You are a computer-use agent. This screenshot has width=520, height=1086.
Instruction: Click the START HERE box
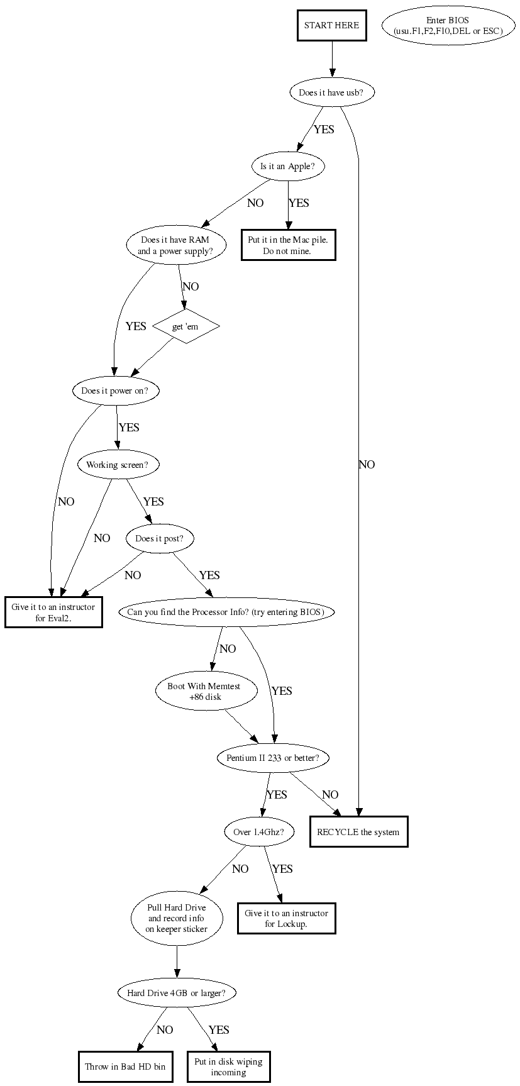(331, 26)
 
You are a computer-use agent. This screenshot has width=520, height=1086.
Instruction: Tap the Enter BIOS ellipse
(448, 26)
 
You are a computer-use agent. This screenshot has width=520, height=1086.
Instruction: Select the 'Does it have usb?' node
(331, 92)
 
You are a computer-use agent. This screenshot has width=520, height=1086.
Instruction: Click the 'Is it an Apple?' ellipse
(288, 167)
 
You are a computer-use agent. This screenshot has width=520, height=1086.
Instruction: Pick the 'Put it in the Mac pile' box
(288, 245)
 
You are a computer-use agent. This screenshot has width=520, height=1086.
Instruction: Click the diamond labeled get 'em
(187, 326)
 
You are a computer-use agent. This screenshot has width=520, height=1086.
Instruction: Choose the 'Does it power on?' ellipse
(116, 391)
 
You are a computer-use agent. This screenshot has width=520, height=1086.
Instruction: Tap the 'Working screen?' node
(118, 465)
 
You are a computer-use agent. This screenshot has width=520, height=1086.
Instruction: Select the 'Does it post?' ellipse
(160, 538)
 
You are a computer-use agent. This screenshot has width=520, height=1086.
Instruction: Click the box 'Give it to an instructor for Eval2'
(53, 612)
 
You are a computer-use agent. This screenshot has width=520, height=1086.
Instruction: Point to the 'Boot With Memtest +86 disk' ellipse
(206, 690)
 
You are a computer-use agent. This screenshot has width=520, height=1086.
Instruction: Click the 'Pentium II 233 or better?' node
(273, 758)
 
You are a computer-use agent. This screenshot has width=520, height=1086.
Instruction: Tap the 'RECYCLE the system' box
(358, 832)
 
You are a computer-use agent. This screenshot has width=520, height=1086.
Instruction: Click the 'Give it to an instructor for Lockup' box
(286, 918)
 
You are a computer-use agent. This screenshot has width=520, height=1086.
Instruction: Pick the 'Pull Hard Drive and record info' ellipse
(177, 918)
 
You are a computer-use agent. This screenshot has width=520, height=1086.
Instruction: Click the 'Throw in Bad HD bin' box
(126, 1067)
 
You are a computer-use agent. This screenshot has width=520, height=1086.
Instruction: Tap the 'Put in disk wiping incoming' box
(228, 1067)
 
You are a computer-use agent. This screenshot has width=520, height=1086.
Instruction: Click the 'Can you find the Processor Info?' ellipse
(226, 612)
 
